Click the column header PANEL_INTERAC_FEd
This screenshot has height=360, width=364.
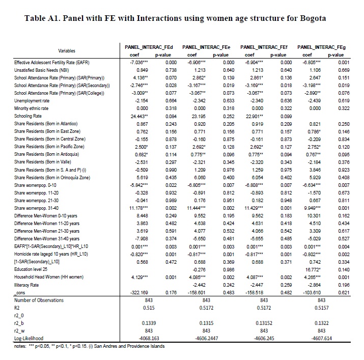pos(145,46)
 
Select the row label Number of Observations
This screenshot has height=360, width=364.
pos(38,300)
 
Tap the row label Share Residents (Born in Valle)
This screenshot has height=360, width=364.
pos(44,161)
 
